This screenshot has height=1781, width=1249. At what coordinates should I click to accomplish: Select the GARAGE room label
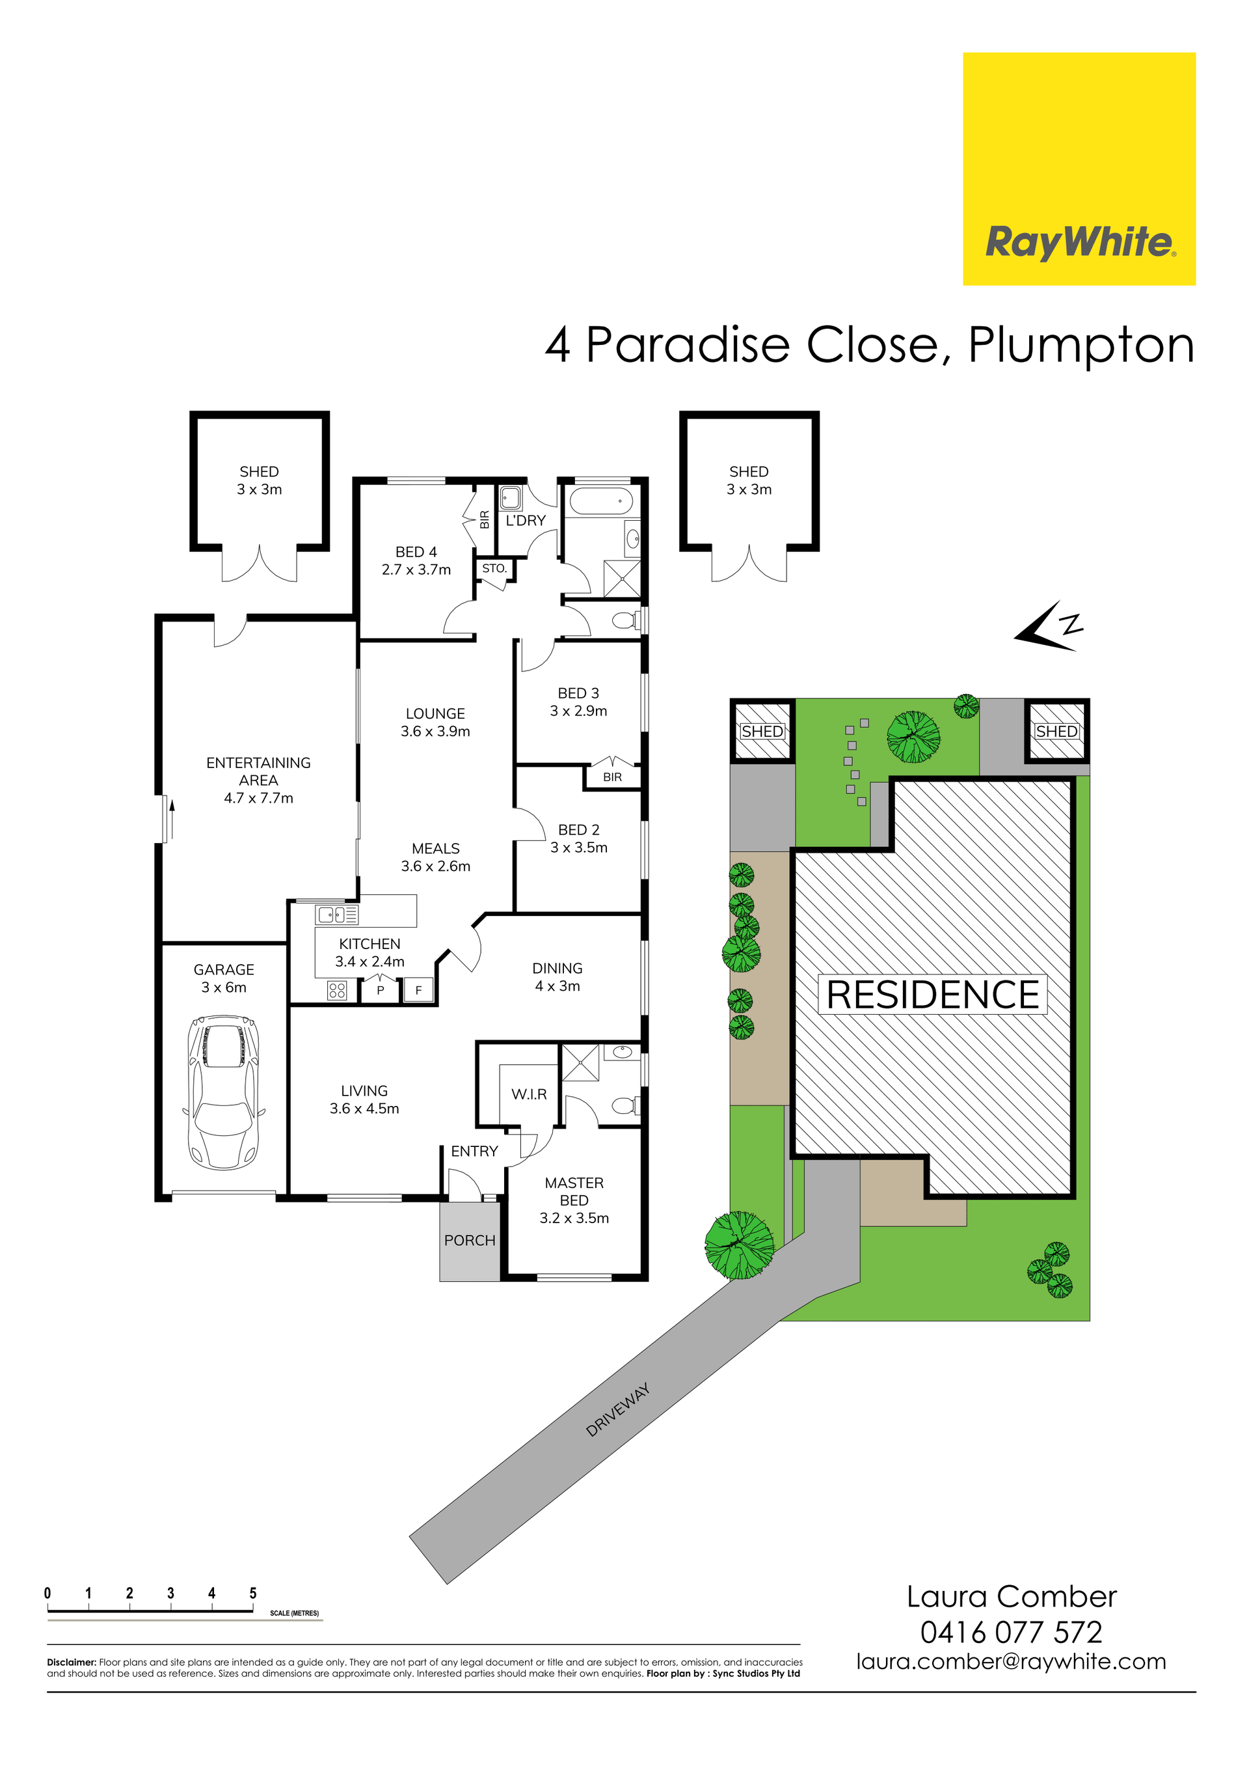coord(224,970)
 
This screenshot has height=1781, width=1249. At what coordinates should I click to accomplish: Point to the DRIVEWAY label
coord(618,1409)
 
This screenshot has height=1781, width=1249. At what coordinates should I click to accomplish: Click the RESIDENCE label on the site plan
coord(933,995)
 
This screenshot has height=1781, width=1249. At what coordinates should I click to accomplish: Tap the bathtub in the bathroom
coord(601,501)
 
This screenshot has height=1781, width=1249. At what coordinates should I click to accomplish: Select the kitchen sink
coord(336,915)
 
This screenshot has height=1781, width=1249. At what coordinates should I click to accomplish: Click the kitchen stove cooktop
coord(336,991)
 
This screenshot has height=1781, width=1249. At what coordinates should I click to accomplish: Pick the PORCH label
coord(470,1240)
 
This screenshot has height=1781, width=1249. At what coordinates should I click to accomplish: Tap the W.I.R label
coord(529,1094)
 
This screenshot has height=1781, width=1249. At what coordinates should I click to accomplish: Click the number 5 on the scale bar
coord(253,1594)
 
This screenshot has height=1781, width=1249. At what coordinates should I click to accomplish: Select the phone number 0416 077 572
coord(1011,1633)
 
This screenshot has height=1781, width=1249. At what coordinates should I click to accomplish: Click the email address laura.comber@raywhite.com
coord(1011,1663)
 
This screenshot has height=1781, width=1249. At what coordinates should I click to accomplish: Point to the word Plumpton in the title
coord(1081,346)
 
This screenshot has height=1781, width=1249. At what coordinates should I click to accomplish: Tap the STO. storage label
coord(494,568)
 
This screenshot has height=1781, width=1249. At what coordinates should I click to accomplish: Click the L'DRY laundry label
coord(526,521)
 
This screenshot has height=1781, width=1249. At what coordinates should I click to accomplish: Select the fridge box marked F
coord(419,991)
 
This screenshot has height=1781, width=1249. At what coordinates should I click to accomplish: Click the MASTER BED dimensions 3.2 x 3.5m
coord(574,1218)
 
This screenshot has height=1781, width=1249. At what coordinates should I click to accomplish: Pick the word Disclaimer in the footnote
coord(72,1663)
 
